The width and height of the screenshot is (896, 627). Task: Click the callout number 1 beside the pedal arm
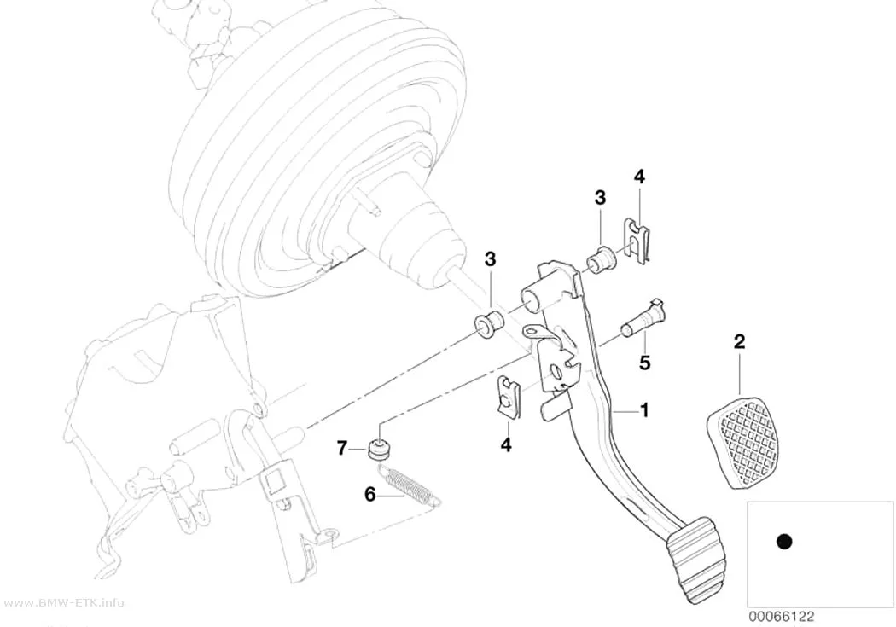tap(644, 410)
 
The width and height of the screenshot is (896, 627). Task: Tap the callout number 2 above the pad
tap(739, 342)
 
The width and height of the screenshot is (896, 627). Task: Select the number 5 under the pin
tap(645, 363)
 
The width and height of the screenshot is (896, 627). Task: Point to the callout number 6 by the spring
tap(370, 495)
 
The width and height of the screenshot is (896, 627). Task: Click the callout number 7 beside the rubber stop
tap(341, 448)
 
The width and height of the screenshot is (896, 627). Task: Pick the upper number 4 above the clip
tap(639, 177)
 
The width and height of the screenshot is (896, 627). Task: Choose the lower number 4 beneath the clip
tap(506, 444)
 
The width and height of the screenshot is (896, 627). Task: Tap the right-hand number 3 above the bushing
tap(600, 198)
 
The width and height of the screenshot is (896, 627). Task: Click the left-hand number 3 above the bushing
tap(491, 259)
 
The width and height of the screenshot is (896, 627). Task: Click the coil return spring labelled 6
tap(410, 485)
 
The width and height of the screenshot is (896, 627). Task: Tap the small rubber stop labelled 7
tap(378, 449)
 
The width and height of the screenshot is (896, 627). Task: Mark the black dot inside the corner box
tap(785, 542)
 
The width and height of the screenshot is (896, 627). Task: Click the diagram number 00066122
tap(781, 617)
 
